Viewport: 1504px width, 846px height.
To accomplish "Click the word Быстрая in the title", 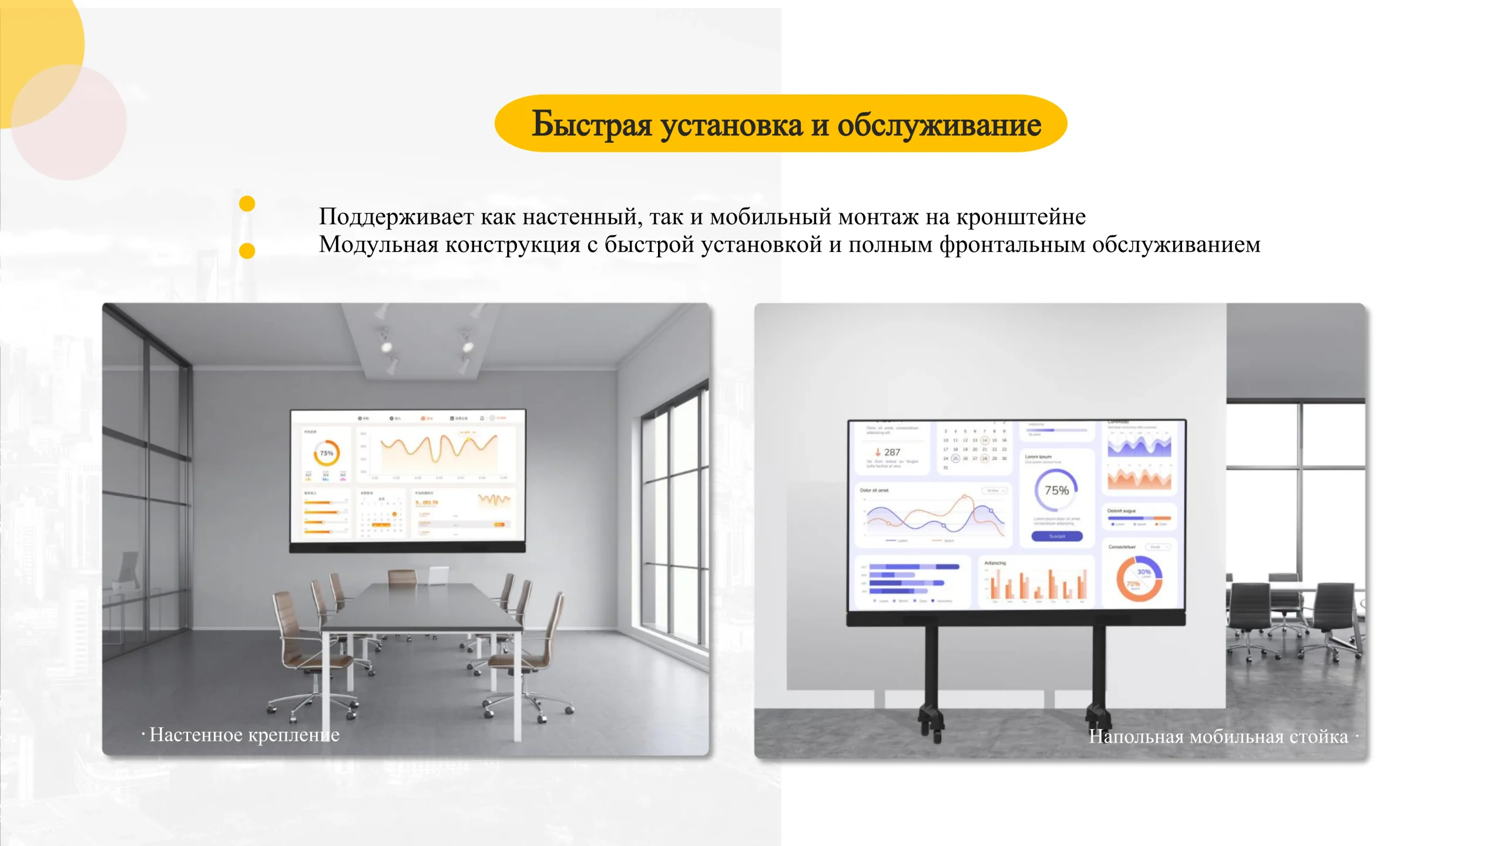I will point(591,125).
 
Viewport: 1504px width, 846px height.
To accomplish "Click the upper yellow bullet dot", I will point(247,203).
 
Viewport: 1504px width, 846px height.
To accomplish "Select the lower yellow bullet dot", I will point(247,251).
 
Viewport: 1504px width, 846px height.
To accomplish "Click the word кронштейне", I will point(1020,217).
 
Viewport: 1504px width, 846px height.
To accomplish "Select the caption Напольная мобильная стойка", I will point(1218,736).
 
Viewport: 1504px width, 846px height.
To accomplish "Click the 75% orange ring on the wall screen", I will point(326,453).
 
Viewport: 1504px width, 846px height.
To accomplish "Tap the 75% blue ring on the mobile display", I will point(1056,491).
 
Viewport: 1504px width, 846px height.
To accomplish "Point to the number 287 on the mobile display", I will point(891,452).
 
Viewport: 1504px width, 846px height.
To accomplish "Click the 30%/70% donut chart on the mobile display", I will point(1139,578).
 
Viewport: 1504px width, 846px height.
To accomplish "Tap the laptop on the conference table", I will point(438,576).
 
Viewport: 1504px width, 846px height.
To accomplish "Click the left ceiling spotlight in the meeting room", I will point(387,347).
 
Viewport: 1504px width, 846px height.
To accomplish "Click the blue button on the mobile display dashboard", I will point(1057,536).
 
